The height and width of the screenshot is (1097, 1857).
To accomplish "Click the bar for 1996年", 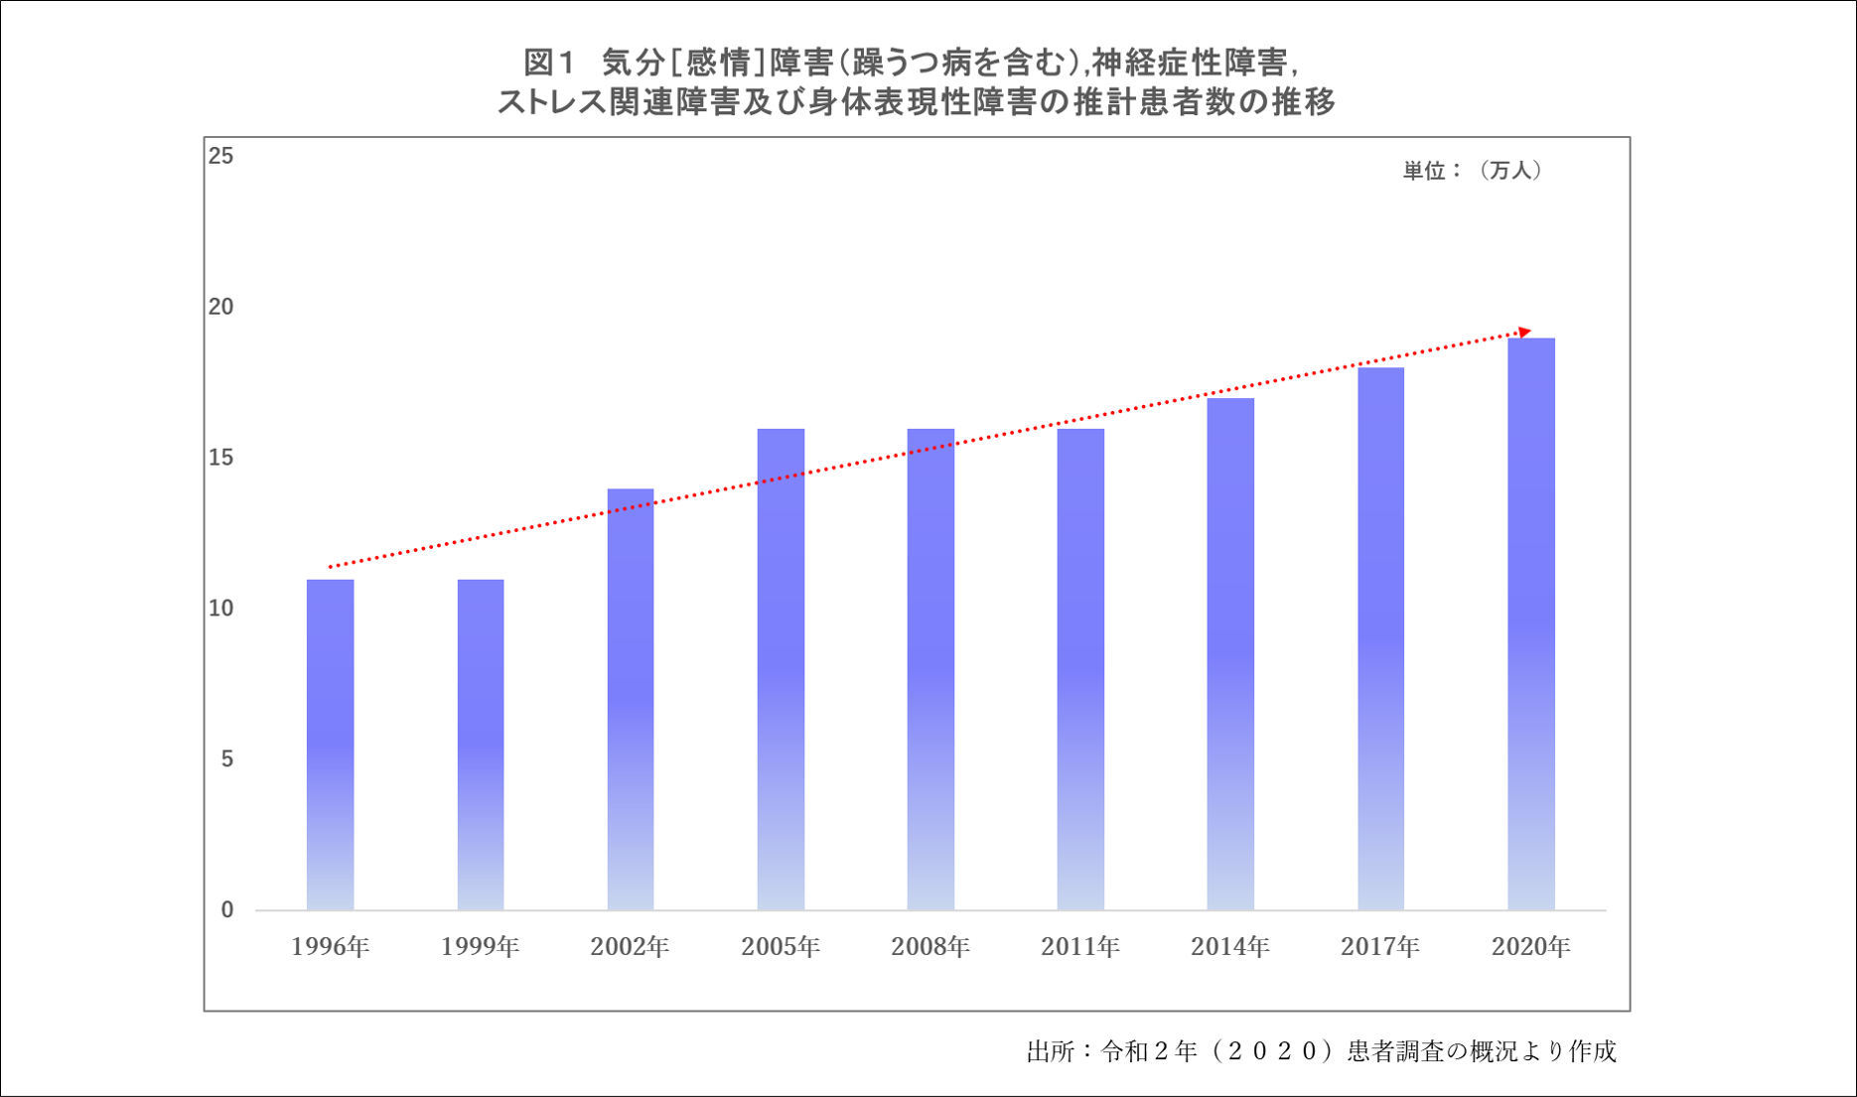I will coord(330,745).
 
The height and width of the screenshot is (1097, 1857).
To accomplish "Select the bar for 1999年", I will coord(481,745).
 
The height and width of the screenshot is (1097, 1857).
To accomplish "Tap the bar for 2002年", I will coord(631,700).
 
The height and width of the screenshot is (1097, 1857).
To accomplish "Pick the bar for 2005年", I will coord(781,670).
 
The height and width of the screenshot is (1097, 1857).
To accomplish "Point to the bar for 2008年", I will coord(930,670).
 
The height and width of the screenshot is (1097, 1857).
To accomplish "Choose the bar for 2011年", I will coord(1080,670).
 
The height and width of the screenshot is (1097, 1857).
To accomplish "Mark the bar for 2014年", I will coord(1230,655).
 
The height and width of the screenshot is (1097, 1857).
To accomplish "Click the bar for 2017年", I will coord(1380,640).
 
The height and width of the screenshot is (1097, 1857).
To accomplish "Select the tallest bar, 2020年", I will coord(1531,625).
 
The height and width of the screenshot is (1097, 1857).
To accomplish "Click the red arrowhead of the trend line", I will coord(1525,332).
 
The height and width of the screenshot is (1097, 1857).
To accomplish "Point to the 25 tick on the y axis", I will coord(220,156).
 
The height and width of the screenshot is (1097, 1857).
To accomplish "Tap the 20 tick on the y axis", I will coord(220,307).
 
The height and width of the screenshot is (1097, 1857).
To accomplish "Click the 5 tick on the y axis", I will coord(227,759).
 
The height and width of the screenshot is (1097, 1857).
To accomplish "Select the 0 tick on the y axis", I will coord(227,910).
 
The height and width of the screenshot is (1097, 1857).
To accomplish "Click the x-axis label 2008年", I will coord(930,947).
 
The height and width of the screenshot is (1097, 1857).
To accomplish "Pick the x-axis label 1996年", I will coord(330,947).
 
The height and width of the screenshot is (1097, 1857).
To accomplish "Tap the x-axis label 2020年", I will coord(1531,947).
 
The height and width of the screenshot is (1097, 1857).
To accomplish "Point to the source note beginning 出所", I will coord(1321,1051).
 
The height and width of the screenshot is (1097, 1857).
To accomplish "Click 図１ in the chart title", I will coord(549,64).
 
